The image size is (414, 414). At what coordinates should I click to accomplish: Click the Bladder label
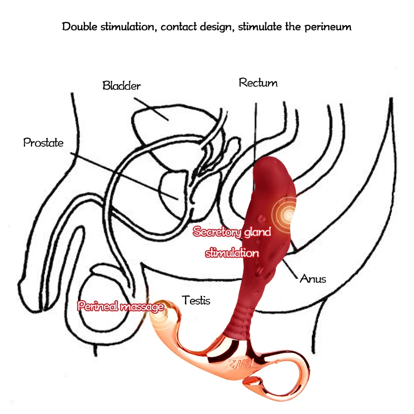[x=122, y=86]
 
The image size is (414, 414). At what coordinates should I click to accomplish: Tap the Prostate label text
[x=43, y=143]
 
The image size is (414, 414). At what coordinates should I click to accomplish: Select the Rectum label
[x=258, y=83]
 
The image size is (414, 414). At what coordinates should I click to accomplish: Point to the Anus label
[x=313, y=279]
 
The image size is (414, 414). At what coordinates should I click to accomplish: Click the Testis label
[x=196, y=300]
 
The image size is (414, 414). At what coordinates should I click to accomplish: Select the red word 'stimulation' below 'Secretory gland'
[x=231, y=253]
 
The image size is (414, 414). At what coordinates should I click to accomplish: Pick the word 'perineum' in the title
[x=327, y=26]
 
